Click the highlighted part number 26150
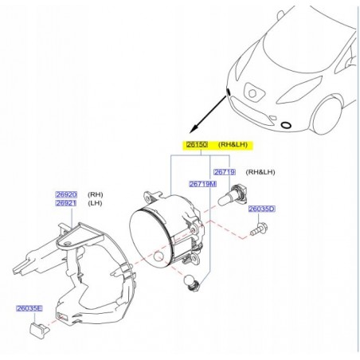197,145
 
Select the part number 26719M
202,184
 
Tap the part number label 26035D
260,209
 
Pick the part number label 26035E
29,308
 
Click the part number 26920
65,194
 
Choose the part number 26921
65,202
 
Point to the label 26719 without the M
224,172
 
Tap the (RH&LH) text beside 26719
260,172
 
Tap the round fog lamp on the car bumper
286,126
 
